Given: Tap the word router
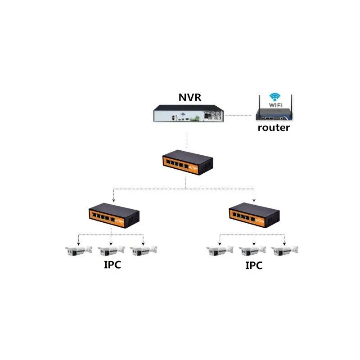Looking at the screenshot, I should (273, 128).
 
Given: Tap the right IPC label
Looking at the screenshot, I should (253, 265).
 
